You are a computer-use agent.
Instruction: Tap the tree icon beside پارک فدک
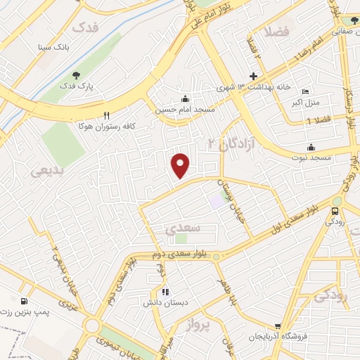pos(75,75)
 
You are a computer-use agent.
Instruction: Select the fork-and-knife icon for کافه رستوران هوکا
pos(107,115)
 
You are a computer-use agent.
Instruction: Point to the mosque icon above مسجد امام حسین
pos(185,98)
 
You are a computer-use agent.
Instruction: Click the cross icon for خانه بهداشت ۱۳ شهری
pos(254,76)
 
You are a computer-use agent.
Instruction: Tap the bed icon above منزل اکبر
pos(305,91)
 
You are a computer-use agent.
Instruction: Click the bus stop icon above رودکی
pos(335,209)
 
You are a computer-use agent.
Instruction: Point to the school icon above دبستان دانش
pos(165,292)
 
